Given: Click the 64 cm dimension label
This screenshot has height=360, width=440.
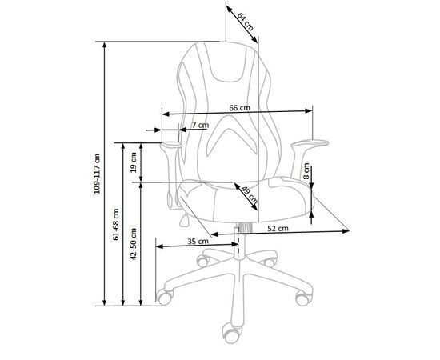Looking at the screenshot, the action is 246,22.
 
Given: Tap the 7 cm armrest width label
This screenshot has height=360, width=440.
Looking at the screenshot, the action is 200,125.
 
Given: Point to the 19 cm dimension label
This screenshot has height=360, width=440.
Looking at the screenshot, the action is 134,162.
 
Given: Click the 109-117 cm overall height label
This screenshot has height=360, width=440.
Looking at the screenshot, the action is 97,174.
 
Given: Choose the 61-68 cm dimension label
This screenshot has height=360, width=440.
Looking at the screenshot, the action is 116,224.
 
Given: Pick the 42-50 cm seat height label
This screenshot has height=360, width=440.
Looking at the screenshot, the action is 134,244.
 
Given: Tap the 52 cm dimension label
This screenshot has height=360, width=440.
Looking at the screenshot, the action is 278,229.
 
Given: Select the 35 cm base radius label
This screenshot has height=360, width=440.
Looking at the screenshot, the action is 198,241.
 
